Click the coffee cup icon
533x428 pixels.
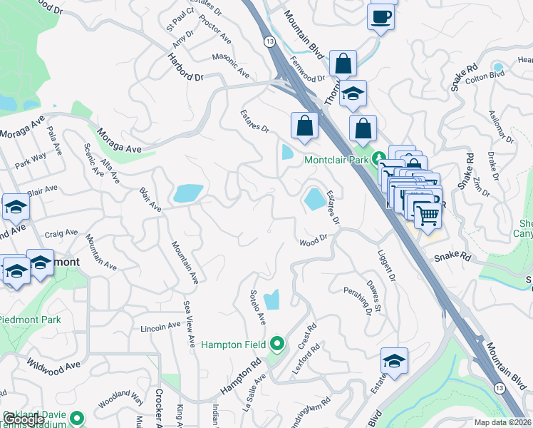pyautogui.click(x=381, y=16)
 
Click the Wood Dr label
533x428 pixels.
pyautogui.click(x=313, y=243)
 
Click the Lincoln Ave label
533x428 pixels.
pyautogui.click(x=160, y=327)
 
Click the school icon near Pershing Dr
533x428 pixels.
pyautogui.click(x=393, y=361)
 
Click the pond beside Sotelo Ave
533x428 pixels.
pyautogui.click(x=271, y=301)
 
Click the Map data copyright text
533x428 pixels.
pyautogui.click(x=502, y=422)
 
